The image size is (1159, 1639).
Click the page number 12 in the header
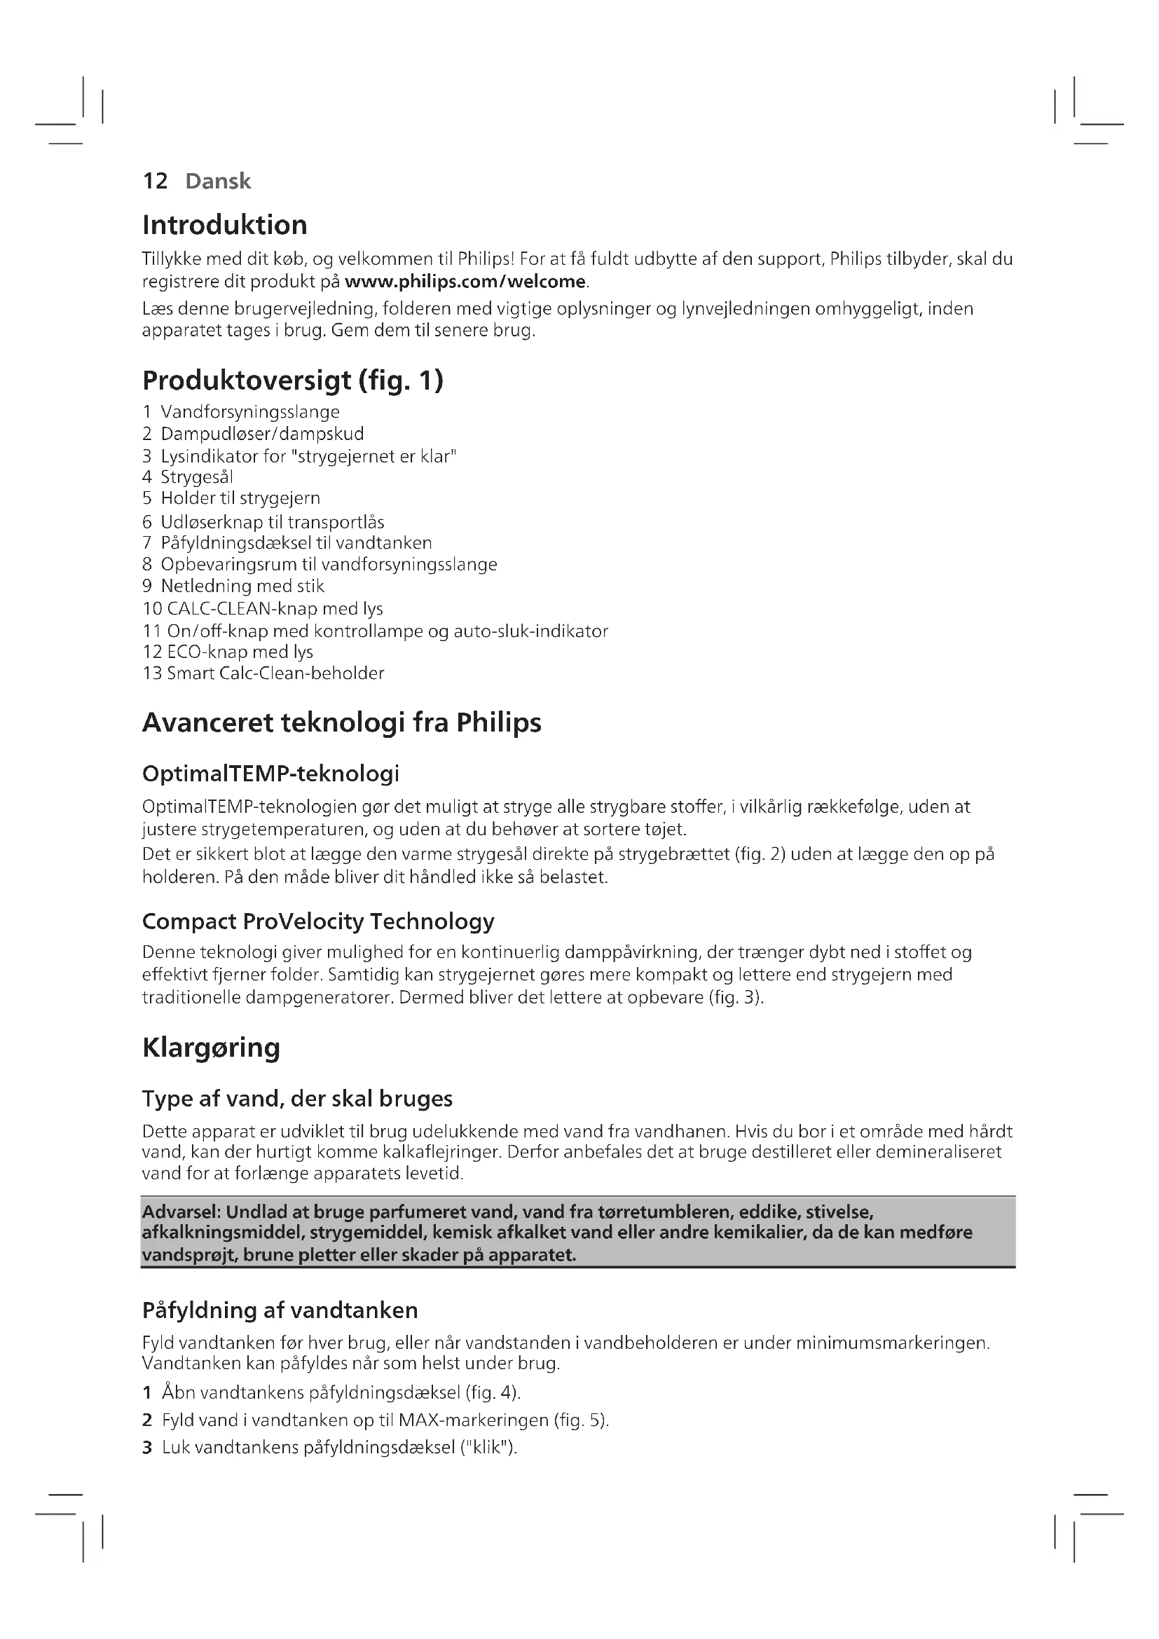[x=155, y=181]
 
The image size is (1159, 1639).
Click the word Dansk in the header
[x=218, y=181]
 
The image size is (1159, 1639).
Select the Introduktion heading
[x=225, y=226]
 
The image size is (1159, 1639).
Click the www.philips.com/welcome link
[x=465, y=282]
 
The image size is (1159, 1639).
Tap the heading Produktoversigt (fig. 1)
[x=293, y=380]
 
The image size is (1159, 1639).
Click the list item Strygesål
[x=197, y=477]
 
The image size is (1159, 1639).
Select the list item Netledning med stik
[x=242, y=587]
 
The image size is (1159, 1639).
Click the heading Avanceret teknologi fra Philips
[x=342, y=723]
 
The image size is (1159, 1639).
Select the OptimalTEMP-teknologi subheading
[x=270, y=774]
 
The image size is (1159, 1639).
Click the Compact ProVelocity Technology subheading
[x=318, y=921]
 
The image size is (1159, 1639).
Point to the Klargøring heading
[x=211, y=1048]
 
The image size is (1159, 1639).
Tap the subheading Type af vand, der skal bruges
[x=297, y=1099]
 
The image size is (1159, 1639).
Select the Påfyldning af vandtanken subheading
[x=280, y=1310]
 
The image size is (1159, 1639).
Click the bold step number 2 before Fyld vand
[x=147, y=1420]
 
